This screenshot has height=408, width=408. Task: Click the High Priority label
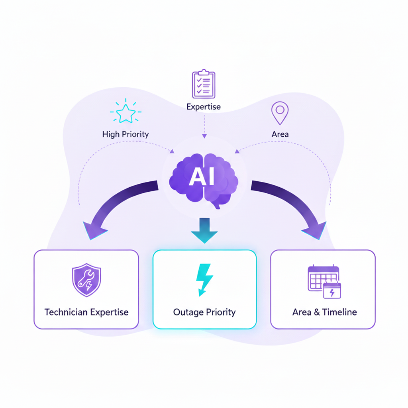click(x=126, y=134)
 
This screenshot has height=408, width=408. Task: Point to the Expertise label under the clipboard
click(x=204, y=107)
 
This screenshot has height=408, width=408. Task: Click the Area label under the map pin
click(x=280, y=134)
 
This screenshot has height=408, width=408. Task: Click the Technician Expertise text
click(x=86, y=312)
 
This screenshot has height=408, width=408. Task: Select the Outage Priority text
click(x=204, y=312)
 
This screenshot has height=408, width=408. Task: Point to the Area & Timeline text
click(x=324, y=312)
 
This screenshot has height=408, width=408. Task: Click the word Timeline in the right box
click(x=339, y=312)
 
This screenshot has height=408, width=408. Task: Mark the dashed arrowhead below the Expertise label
click(x=204, y=136)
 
